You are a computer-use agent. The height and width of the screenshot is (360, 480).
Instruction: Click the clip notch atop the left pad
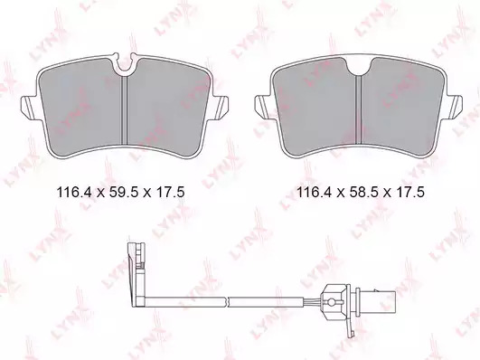click(125, 63)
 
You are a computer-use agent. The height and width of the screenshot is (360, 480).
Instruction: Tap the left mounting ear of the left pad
click(30, 107)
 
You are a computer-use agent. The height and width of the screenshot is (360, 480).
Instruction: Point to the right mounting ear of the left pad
click(220, 107)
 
